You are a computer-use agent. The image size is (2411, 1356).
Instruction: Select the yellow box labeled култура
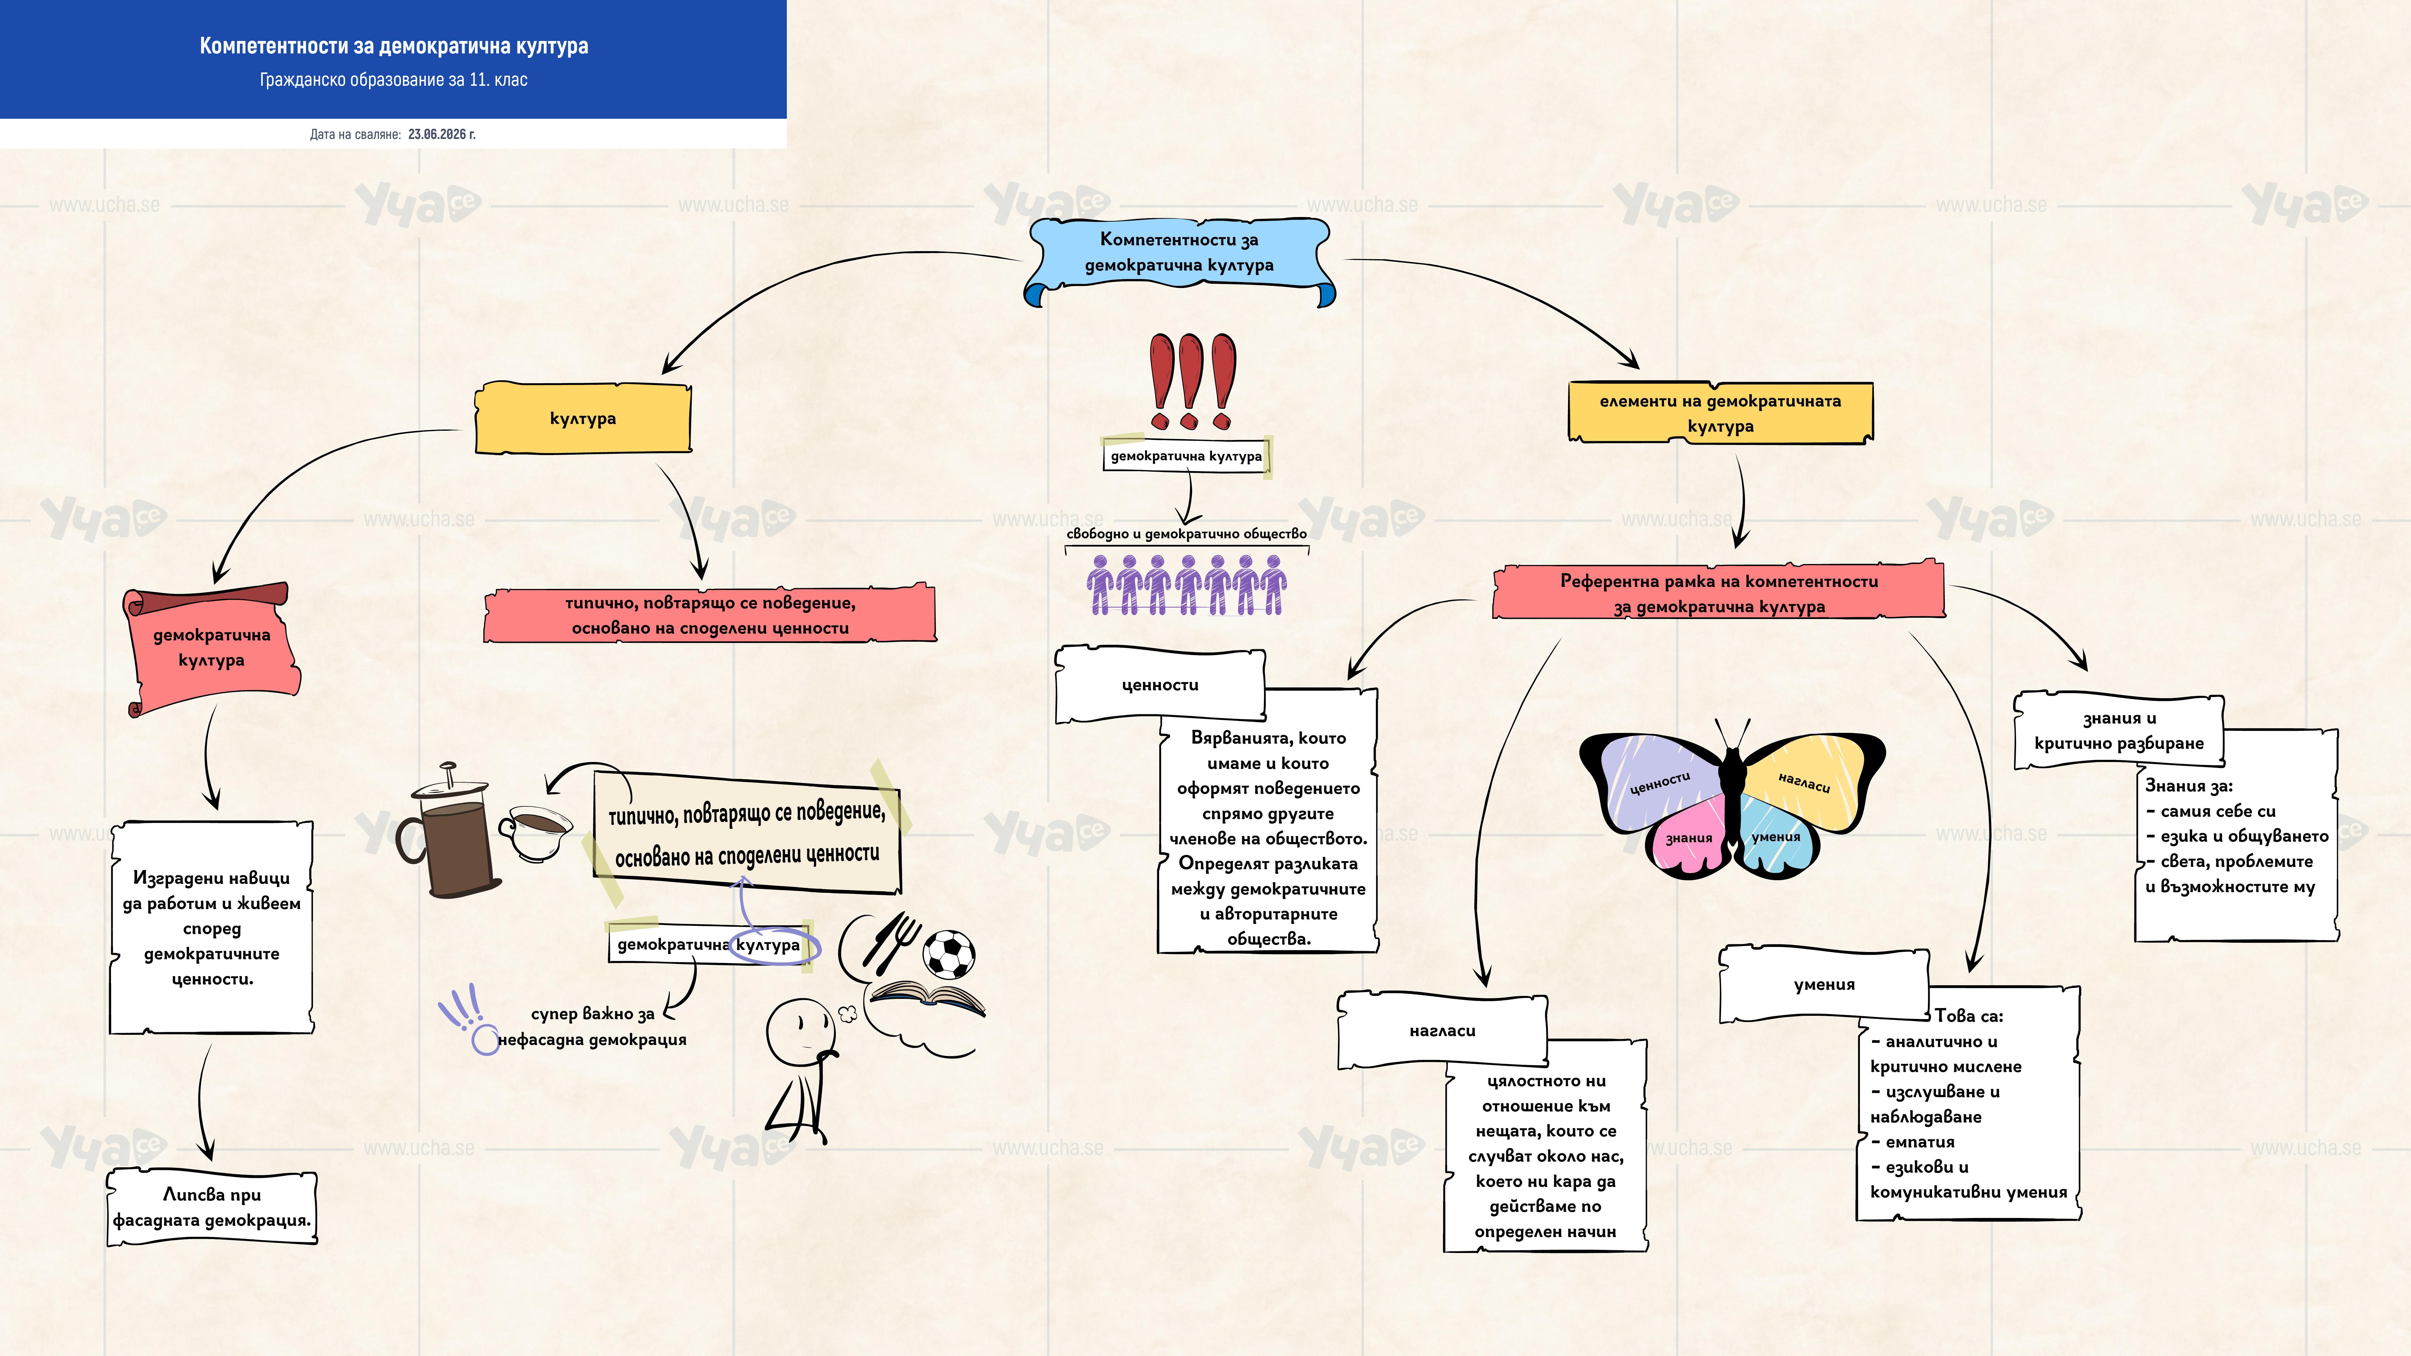click(583, 418)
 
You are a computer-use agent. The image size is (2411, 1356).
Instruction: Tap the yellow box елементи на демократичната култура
click(1720, 413)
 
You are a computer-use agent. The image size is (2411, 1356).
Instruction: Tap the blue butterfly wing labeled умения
click(1776, 836)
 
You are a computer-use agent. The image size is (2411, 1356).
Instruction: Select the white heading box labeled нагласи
click(1442, 1030)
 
